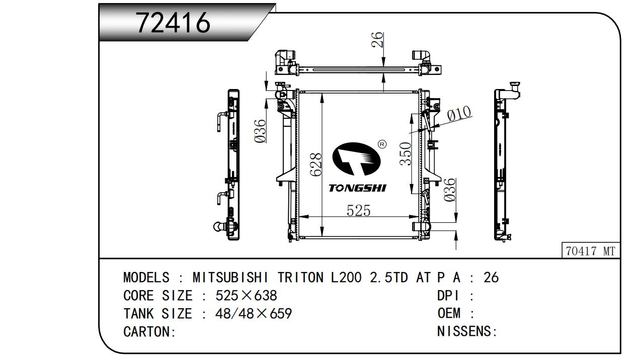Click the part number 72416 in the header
[x=173, y=23]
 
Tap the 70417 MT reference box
[x=591, y=251]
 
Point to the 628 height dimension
[x=315, y=164]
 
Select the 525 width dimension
[x=358, y=210]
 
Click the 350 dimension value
[x=406, y=154]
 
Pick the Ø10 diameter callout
[x=459, y=113]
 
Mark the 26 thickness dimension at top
[x=377, y=40]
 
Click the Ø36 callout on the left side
[x=260, y=131]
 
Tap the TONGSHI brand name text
[x=357, y=188]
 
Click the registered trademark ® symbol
[x=382, y=144]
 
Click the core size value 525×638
[x=246, y=296]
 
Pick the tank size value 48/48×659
[x=253, y=314]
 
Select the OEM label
[x=449, y=314]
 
